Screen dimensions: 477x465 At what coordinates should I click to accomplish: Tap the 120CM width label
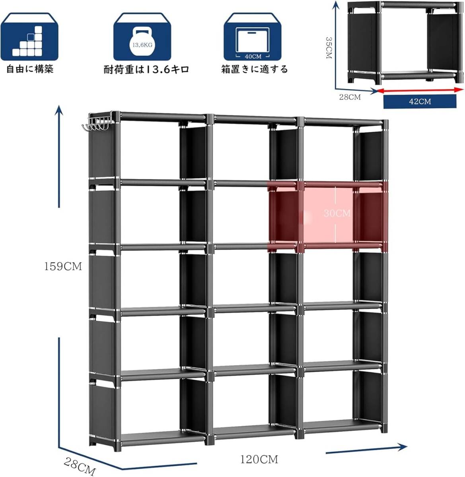(x=259, y=459)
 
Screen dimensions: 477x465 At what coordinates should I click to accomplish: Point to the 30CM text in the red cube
(x=337, y=213)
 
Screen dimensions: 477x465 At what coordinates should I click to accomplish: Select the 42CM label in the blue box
(x=420, y=101)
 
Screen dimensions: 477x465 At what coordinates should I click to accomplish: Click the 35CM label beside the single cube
(x=328, y=48)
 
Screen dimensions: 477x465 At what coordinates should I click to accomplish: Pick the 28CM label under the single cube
(x=350, y=97)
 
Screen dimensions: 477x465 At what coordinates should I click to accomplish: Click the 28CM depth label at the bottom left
(x=80, y=466)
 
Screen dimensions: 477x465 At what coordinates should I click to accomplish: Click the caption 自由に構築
(x=30, y=69)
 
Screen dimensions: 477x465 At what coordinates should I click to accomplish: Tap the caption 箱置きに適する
(x=255, y=70)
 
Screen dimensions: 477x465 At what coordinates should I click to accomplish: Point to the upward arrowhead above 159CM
(x=59, y=110)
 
